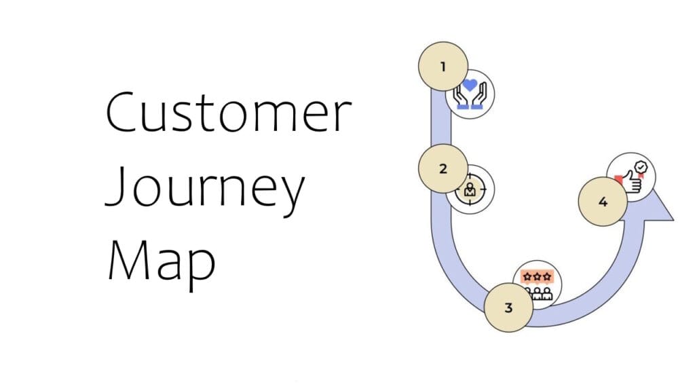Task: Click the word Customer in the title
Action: [229, 113]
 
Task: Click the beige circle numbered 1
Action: [443, 67]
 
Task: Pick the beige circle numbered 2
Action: [443, 168]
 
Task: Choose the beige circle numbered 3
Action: [508, 308]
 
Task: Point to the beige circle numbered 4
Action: [603, 202]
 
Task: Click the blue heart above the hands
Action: [470, 86]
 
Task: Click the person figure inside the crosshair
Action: [470, 191]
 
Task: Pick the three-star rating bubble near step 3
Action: [538, 277]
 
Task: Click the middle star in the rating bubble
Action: [538, 277]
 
